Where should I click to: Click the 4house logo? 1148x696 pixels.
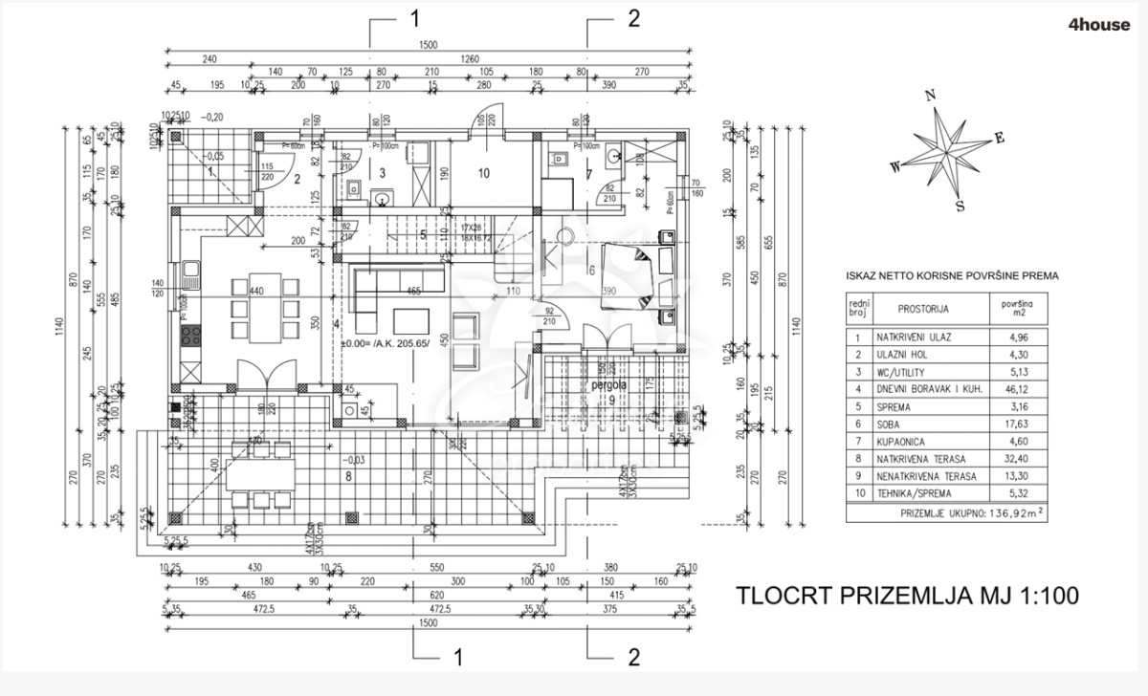[1096, 26]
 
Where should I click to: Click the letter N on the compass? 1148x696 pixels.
[929, 96]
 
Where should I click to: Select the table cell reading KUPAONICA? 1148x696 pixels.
[899, 441]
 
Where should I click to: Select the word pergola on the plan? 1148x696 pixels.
[608, 384]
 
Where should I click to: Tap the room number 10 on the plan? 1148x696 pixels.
[484, 173]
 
